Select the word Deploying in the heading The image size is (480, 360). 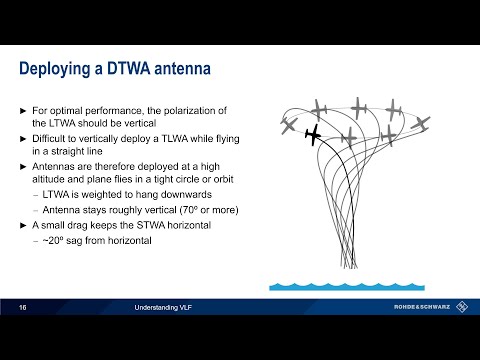59,69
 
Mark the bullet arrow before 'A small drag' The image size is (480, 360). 24,226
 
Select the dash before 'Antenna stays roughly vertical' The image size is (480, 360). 35,210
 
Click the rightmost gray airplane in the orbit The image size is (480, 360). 421,123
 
